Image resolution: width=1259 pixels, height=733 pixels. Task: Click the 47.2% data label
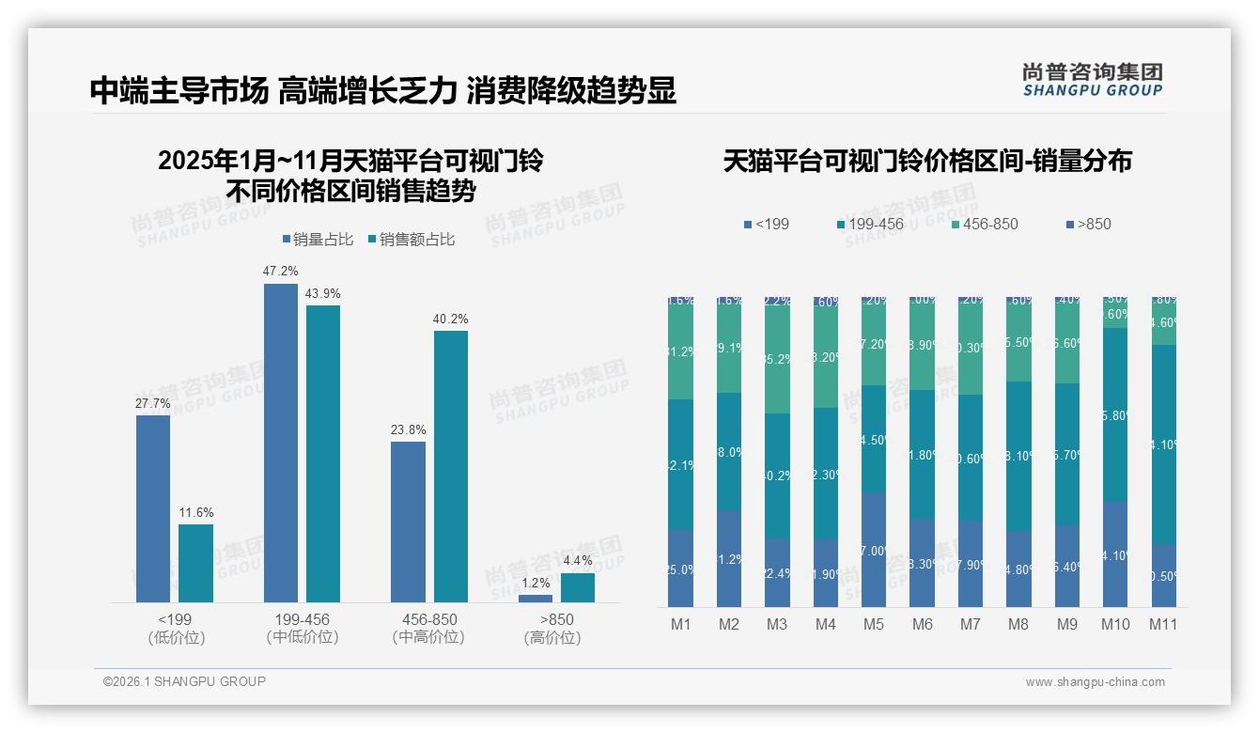pos(281,272)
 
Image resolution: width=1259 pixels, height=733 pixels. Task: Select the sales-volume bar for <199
pos(153,508)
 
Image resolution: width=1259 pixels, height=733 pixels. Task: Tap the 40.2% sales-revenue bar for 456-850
pos(451,466)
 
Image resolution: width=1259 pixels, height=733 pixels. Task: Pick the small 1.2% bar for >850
pos(536,598)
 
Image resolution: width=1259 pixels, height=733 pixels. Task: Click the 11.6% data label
pos(196,512)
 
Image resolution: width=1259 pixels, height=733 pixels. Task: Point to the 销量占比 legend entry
pos(318,240)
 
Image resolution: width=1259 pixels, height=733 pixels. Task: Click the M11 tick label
pos(1164,624)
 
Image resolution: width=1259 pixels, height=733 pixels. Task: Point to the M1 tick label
pos(681,624)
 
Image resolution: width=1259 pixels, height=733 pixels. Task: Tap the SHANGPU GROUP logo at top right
pos(1092,80)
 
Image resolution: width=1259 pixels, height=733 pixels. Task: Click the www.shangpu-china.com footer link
pos(1095,682)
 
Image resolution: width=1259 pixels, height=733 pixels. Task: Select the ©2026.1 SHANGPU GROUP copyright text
pos(184,681)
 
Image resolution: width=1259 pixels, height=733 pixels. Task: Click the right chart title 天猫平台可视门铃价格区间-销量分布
pos(927,161)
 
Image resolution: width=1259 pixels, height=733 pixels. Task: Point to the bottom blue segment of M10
pos(1115,554)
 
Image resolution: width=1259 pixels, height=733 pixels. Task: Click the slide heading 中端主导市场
pos(179,91)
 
